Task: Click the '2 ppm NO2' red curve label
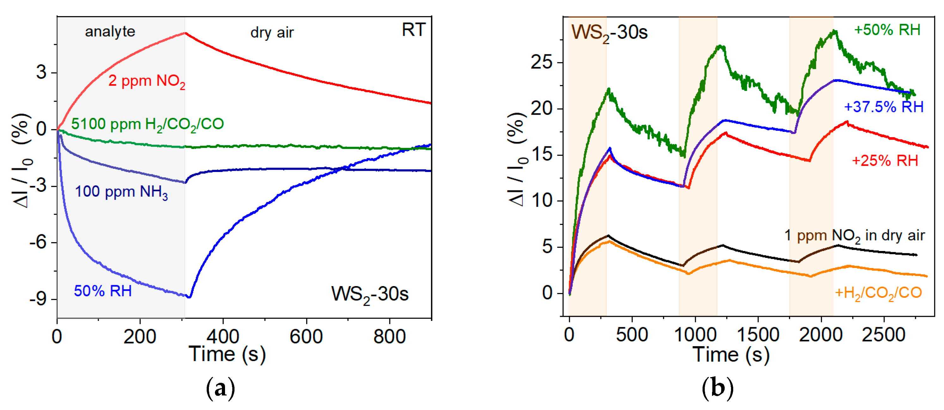click(x=147, y=81)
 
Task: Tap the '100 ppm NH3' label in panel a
click(x=121, y=192)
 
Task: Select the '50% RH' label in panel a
click(x=103, y=291)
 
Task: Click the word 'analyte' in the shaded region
click(x=110, y=32)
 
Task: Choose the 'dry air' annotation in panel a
click(x=272, y=33)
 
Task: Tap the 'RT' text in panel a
click(x=413, y=30)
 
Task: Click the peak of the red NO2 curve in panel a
click(x=186, y=33)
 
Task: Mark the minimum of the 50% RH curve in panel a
click(x=189, y=297)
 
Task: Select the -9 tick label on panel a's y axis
click(x=38, y=299)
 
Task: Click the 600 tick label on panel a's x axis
click(x=306, y=337)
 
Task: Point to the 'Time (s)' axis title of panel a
click(x=227, y=355)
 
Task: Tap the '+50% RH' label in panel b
click(x=887, y=30)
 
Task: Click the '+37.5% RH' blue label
click(x=884, y=107)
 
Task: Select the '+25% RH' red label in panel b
click(x=885, y=161)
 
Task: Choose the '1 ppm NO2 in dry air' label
click(x=854, y=236)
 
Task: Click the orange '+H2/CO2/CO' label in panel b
click(x=878, y=293)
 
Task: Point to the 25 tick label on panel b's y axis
click(x=541, y=63)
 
